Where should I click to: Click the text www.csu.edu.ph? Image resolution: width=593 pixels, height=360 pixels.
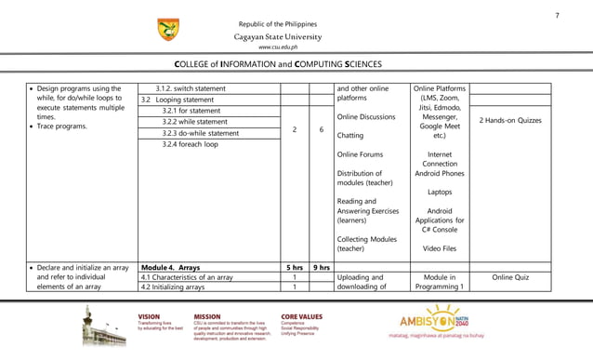pos(278,47)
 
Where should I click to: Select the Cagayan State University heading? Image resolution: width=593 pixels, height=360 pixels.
pos(278,36)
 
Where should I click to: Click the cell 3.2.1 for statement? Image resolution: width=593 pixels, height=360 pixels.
pos(193,111)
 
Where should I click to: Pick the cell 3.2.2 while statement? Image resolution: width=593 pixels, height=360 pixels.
pos(195,122)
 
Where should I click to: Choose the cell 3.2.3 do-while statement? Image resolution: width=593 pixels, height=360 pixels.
pos(201,133)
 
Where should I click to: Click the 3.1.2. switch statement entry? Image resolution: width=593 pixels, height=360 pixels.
pos(190,88)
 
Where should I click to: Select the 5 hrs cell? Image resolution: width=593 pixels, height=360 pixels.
pos(294,267)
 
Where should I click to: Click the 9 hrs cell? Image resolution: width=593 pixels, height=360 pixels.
pos(321,267)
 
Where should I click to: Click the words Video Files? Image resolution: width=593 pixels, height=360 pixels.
pos(439,248)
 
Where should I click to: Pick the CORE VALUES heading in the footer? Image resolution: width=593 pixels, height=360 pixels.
pos(302,315)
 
